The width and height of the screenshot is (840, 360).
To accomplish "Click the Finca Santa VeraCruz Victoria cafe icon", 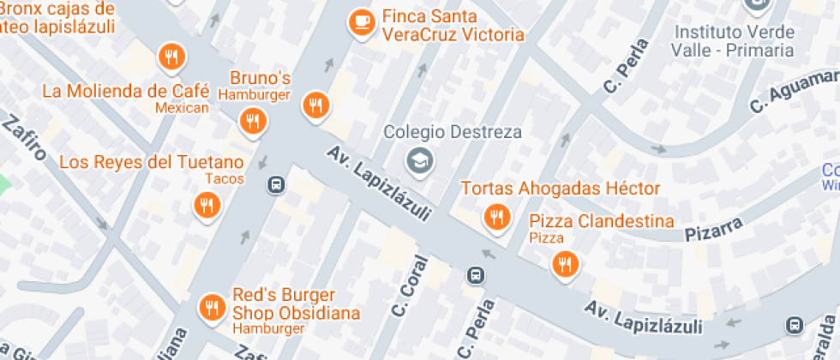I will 363,22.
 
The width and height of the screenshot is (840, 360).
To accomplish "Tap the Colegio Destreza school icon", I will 419,159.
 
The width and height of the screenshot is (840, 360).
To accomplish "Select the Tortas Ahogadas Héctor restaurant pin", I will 496,218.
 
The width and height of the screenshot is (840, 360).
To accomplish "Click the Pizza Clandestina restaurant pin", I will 564,264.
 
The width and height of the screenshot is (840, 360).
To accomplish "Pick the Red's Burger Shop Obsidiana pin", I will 212,307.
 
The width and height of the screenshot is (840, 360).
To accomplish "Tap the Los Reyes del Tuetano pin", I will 206,206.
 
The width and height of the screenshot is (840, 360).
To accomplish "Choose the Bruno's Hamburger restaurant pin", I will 252,121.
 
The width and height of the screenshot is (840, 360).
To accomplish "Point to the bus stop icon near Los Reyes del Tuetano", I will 276,184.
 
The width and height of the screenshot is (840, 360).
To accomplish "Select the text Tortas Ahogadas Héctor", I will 561,189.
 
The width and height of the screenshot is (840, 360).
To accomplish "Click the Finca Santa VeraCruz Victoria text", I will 453,26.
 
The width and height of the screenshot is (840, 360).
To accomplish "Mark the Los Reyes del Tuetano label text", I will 151,162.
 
